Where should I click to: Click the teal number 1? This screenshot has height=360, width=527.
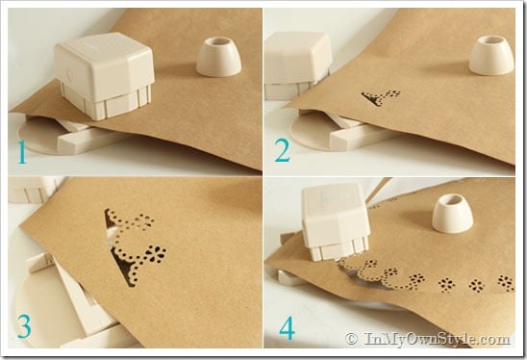coord(22,152)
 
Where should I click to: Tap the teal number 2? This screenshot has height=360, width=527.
coord(283,150)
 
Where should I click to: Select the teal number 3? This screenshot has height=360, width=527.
coord(24,326)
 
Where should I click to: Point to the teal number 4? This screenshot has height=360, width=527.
coord(288,328)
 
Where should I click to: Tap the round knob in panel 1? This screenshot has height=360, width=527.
coord(219,57)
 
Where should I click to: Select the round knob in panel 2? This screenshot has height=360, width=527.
coord(491,55)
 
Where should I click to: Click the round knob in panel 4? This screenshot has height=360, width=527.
coord(452,215)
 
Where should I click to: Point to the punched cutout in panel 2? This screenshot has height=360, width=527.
coord(381,97)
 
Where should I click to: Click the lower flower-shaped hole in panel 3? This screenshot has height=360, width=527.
coord(155,254)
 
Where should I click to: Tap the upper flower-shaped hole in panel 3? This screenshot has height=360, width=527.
coord(145,221)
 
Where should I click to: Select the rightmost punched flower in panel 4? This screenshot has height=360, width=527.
coord(506,283)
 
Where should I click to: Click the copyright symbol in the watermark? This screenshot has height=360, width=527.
coord(351,339)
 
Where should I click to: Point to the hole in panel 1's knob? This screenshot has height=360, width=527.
coord(219,41)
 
